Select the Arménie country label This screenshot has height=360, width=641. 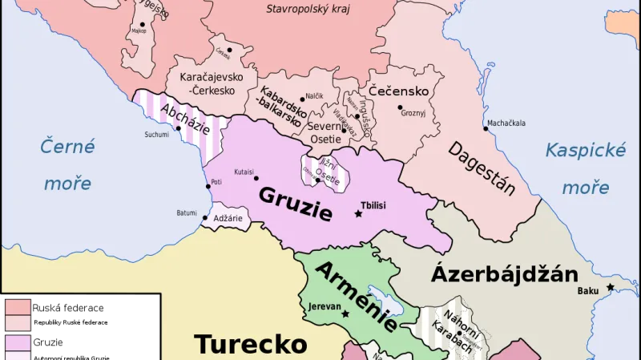[x=355, y=296]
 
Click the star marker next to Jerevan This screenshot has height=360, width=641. [x=345, y=313]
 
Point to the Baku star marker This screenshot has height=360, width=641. [x=611, y=287]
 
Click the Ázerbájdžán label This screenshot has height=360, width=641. [x=505, y=274]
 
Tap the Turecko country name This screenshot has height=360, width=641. [x=251, y=344]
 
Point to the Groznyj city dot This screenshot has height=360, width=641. [x=399, y=107]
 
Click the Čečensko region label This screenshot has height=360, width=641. [x=398, y=91]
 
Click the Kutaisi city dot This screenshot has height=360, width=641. [x=259, y=180]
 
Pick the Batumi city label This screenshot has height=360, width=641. [x=186, y=212]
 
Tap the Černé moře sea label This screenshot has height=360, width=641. [x=68, y=164]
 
